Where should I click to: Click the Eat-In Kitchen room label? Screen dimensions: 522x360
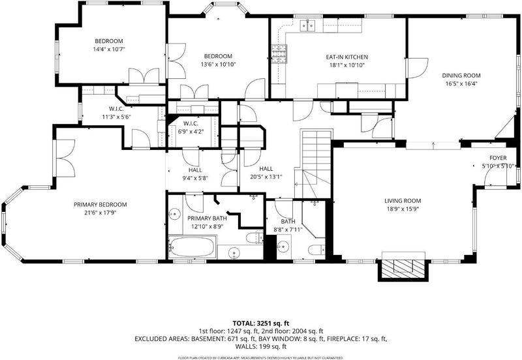pyautogui.click(x=347, y=57)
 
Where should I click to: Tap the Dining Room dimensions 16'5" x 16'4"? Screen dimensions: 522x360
pyautogui.click(x=461, y=83)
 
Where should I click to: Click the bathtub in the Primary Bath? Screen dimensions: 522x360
pyautogui.click(x=192, y=247)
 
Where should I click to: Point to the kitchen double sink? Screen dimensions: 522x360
pyautogui.click(x=307, y=25)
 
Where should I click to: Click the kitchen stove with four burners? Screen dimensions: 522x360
pyautogui.click(x=279, y=53)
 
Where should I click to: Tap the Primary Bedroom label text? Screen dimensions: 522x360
pyautogui.click(x=100, y=205)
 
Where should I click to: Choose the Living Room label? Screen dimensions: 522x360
pyautogui.click(x=403, y=201)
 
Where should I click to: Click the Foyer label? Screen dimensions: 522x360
pyautogui.click(x=498, y=158)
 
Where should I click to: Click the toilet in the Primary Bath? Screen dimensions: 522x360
pyautogui.click(x=254, y=237)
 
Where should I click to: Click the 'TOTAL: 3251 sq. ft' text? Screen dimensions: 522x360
pyautogui.click(x=260, y=323)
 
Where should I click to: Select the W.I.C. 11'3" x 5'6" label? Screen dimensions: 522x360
pyautogui.click(x=116, y=113)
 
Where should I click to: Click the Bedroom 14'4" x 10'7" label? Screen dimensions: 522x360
pyautogui.click(x=109, y=45)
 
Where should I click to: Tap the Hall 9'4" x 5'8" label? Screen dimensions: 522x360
pyautogui.click(x=195, y=174)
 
